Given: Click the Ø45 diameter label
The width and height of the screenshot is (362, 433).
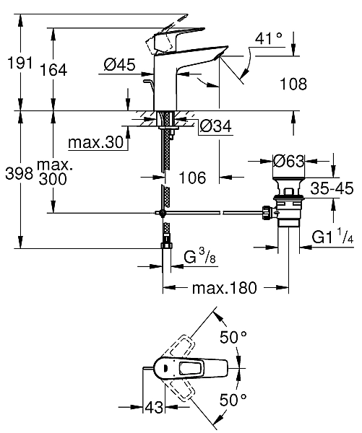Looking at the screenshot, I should [x=120, y=66].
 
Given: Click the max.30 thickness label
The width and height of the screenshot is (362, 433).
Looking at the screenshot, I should [x=96, y=142].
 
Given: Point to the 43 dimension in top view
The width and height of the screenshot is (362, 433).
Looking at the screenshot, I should [x=152, y=408].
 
